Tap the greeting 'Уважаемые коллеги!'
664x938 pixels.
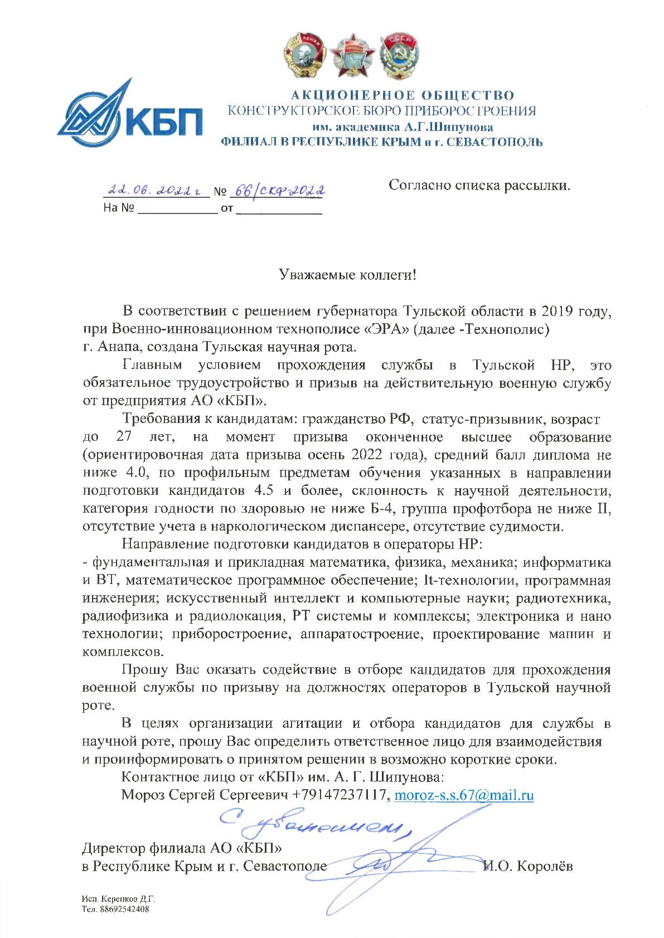pyautogui.click(x=347, y=275)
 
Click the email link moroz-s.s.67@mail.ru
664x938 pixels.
pyautogui.click(x=464, y=795)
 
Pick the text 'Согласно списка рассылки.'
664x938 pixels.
pyautogui.click(x=479, y=184)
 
